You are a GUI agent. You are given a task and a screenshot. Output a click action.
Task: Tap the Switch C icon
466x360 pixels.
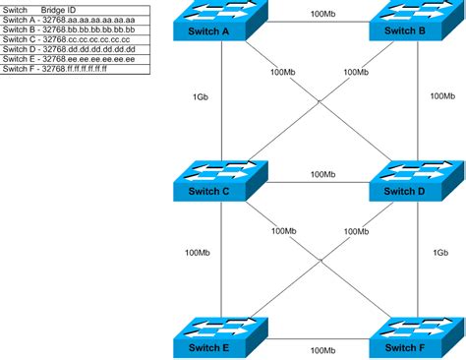tap(222, 181)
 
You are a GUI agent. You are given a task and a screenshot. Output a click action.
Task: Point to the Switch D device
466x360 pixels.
tap(401, 181)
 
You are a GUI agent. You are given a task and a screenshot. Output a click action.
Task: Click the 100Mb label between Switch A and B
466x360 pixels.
tap(321, 14)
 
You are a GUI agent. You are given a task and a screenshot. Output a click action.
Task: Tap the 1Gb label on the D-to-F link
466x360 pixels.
tap(442, 253)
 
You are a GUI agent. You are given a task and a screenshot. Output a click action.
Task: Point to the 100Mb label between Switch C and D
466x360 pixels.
tap(321, 174)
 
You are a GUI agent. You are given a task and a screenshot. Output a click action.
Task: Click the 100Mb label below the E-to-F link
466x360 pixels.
tap(321, 350)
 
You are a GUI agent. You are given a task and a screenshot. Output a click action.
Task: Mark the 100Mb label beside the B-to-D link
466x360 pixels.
tap(443, 96)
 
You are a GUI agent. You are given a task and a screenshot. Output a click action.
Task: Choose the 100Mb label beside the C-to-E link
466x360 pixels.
tap(198, 253)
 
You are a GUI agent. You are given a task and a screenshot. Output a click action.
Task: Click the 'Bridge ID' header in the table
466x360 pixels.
tap(60, 8)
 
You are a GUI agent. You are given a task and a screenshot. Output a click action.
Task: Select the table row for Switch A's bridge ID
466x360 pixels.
tap(68, 19)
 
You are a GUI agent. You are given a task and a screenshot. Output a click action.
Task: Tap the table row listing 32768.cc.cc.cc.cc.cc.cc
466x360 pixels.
tap(68, 40)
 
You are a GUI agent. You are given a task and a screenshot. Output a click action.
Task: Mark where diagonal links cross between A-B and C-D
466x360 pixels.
tap(320, 101)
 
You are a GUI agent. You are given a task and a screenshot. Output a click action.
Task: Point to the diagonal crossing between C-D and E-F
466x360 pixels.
tap(320, 260)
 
